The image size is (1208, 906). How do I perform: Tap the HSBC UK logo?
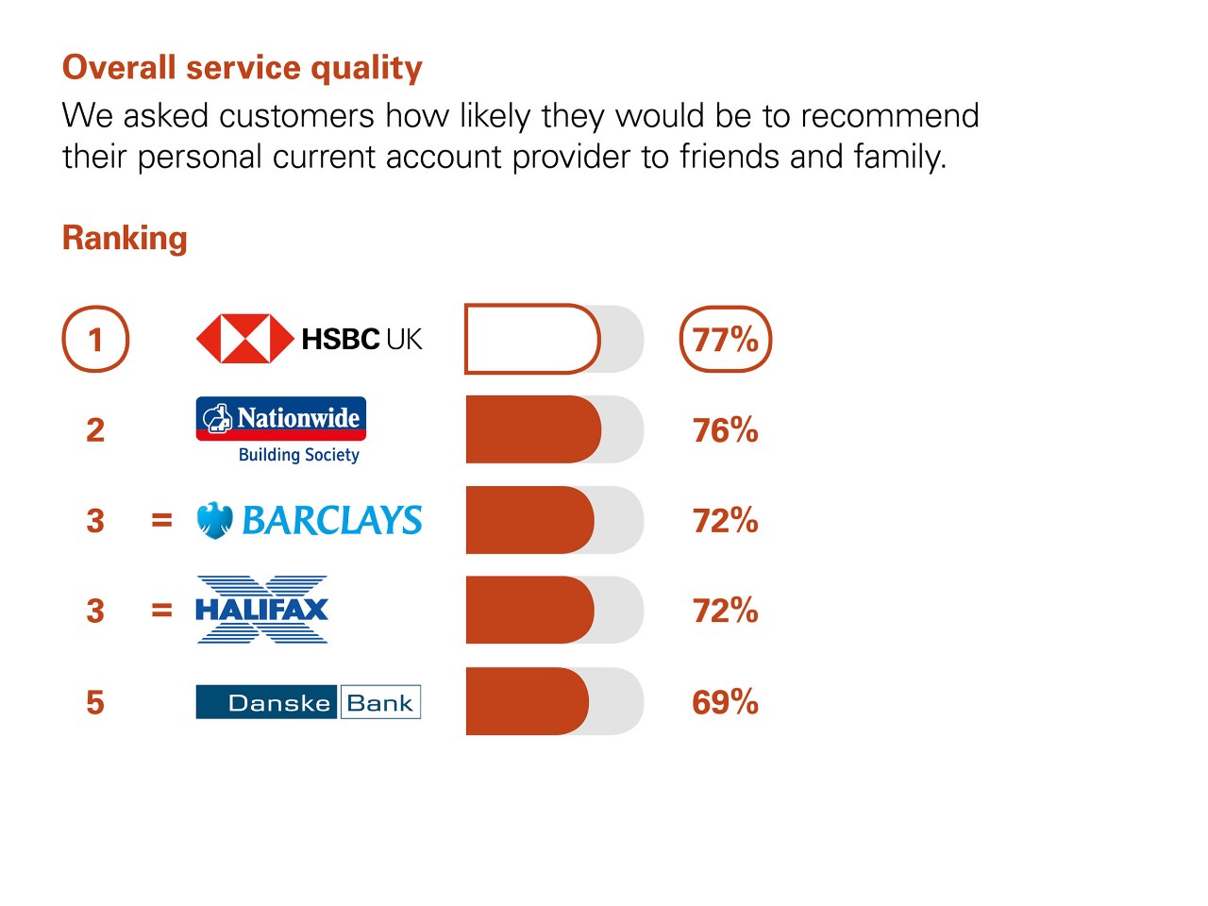[310, 339]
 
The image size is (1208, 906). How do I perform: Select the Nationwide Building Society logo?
[281, 430]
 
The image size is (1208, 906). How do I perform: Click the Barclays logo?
[310, 520]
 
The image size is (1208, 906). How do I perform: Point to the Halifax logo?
[262, 610]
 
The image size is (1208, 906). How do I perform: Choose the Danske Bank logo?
[309, 702]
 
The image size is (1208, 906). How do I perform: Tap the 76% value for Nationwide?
[726, 430]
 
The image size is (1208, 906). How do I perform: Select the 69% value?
[726, 702]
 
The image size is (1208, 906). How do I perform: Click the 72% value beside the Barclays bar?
[726, 520]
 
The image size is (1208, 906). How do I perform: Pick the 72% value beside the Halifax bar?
[726, 611]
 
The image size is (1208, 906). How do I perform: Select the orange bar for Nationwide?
[533, 429]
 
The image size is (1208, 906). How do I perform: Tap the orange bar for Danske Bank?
[528, 701]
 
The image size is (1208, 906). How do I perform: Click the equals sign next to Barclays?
[161, 520]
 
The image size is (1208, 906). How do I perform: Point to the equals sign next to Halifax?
[161, 610]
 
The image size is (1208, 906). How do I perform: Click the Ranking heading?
[125, 239]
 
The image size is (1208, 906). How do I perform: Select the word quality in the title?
[366, 69]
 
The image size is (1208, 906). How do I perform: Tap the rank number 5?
[95, 702]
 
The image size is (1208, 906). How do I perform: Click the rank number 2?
[95, 430]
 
